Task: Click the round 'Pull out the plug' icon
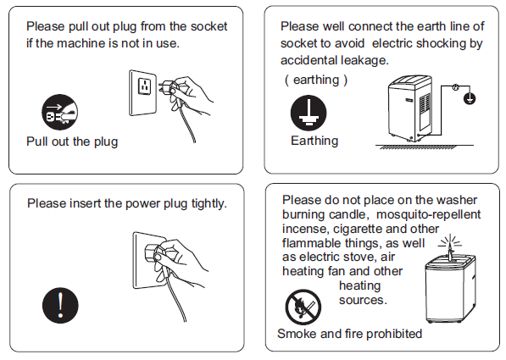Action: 59,113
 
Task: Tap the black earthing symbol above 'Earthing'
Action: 309,113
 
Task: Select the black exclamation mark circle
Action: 60,305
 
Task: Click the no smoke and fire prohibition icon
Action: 303,307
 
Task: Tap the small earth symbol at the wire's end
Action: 470,98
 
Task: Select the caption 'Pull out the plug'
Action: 72,141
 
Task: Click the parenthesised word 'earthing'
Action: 316,80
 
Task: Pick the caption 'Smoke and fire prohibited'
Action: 350,334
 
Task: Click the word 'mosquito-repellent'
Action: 429,214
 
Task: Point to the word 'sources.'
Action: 363,300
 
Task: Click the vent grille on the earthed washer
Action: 425,102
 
